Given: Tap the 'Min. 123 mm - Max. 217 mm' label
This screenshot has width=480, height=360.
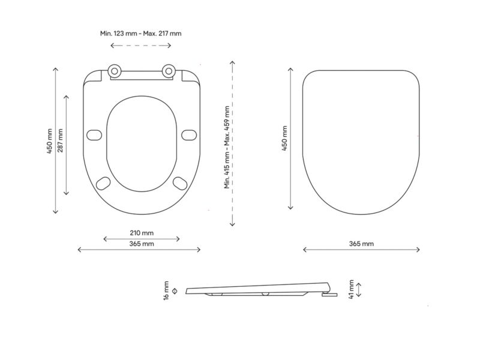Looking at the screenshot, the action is (141, 34).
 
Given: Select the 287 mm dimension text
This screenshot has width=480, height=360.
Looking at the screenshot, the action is (61, 140).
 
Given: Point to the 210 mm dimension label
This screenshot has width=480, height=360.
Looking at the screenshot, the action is (142, 233).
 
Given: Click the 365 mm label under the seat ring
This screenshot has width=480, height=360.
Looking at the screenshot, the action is (142, 244).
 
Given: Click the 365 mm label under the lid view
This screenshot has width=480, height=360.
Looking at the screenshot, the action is (362, 244).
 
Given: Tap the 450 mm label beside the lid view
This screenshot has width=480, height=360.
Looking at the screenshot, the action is (284, 139).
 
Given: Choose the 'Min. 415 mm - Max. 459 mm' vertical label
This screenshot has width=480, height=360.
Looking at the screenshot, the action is (227, 147).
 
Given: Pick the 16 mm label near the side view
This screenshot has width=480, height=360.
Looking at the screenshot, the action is (166, 291).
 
